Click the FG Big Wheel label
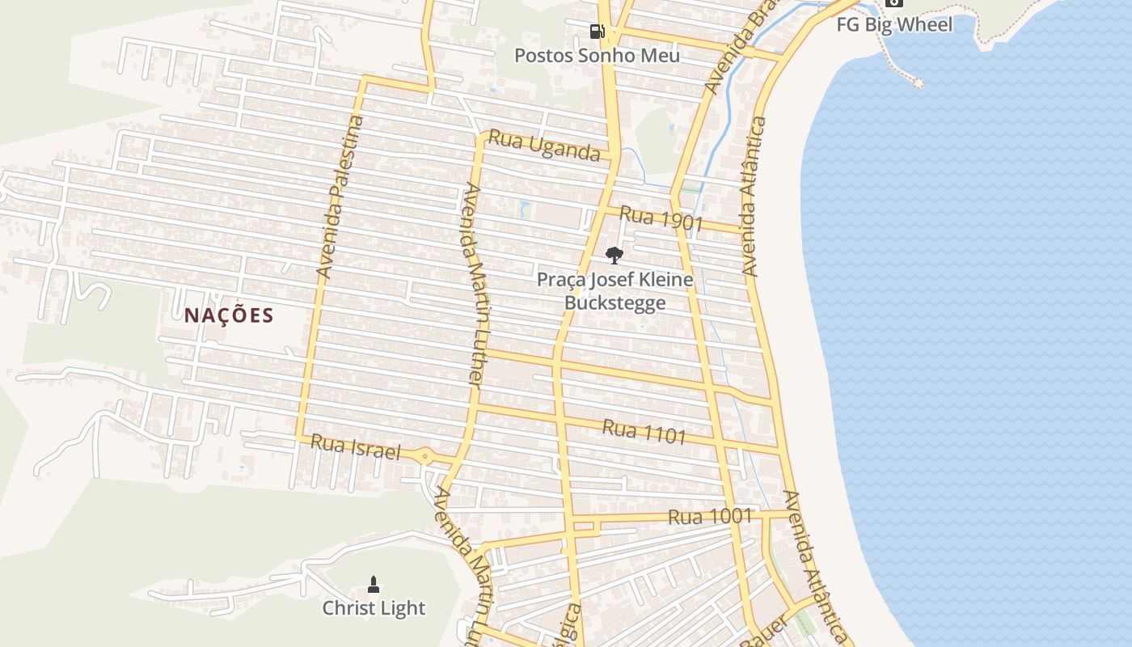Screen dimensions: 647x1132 (894, 25)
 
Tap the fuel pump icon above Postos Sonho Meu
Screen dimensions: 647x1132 (597, 32)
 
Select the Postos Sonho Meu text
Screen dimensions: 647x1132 (597, 56)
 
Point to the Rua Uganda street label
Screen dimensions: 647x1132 (543, 147)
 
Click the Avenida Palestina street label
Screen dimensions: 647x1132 (340, 197)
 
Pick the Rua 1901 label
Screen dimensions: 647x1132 (661, 218)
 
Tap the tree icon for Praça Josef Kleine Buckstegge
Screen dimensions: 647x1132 (615, 256)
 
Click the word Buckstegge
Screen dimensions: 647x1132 (615, 303)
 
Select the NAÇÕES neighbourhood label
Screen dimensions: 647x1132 (229, 315)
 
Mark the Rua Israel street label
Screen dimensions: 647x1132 (355, 447)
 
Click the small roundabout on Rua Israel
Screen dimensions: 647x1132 (425, 456)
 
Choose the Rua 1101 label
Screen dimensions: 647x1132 (644, 432)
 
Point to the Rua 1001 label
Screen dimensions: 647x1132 (710, 516)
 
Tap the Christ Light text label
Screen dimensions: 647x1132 (374, 608)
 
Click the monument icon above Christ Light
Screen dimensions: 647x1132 (374, 584)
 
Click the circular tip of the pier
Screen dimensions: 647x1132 (919, 82)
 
